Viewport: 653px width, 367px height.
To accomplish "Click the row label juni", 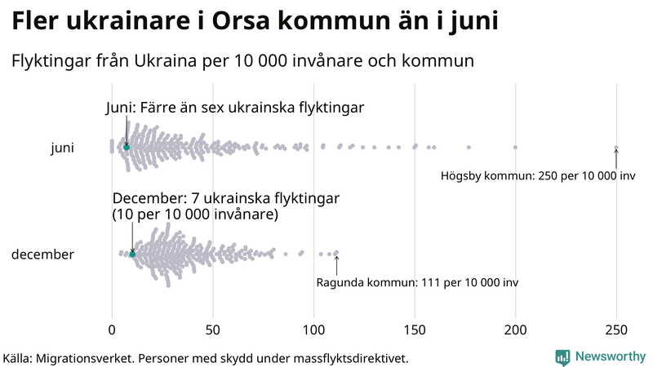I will pyautogui.click(x=62, y=148).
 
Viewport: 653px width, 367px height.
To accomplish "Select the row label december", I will pyautogui.click(x=42, y=254).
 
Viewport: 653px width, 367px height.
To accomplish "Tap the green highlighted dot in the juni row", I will pyautogui.click(x=127, y=147).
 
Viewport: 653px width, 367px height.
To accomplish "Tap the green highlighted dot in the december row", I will pyautogui.click(x=132, y=254).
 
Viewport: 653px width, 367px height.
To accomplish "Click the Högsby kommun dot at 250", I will pyautogui.click(x=616, y=148).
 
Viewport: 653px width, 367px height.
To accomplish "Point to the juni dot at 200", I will pyautogui.click(x=515, y=148).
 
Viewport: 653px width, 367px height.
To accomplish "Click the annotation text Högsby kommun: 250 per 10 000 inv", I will pyautogui.click(x=538, y=176).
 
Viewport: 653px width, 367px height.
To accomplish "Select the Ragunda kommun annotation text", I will pyautogui.click(x=416, y=283).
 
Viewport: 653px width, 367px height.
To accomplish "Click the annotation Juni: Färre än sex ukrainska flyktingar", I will pyautogui.click(x=234, y=108).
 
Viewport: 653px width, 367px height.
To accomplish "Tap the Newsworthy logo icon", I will pyautogui.click(x=562, y=356).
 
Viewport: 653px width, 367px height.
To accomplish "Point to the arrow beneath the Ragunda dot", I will pyautogui.click(x=336, y=265).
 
